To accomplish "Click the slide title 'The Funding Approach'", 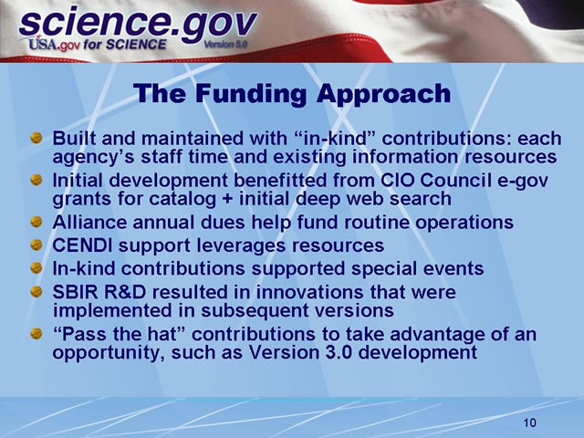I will coord(292,93).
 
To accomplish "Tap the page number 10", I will coord(530,422).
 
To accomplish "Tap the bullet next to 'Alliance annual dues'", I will coord(36,223).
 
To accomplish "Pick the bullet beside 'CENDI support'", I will coord(36,246).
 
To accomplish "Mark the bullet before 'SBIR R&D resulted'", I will coord(36,292).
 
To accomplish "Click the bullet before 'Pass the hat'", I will coord(36,335).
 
